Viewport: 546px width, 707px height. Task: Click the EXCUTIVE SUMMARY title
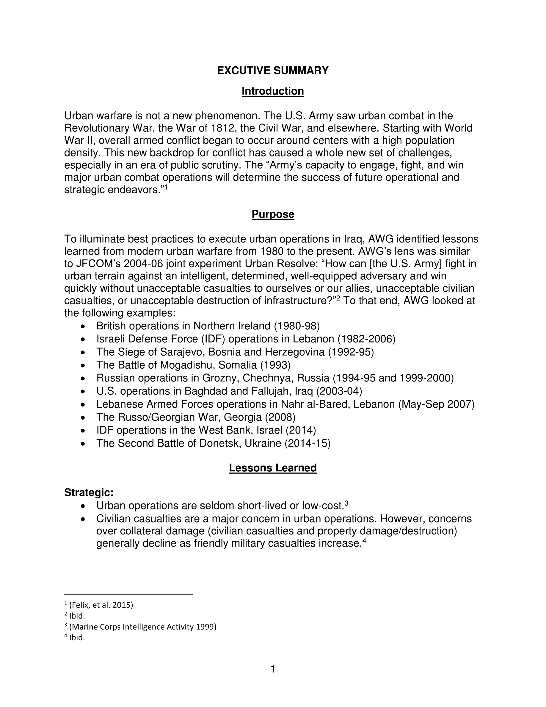273,71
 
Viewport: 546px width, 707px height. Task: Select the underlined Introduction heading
273,91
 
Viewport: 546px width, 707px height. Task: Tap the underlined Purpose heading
273,214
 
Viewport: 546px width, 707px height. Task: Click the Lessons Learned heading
273,468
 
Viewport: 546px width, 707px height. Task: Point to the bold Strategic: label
89,492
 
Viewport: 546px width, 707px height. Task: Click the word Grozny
221,378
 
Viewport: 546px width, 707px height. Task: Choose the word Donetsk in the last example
220,443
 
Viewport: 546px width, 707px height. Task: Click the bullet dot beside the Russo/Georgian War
84,417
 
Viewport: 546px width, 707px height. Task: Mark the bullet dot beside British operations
84,326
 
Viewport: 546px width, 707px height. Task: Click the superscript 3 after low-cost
346,503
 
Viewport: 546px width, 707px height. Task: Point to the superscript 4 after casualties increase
364,541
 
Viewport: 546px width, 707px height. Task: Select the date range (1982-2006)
366,339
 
